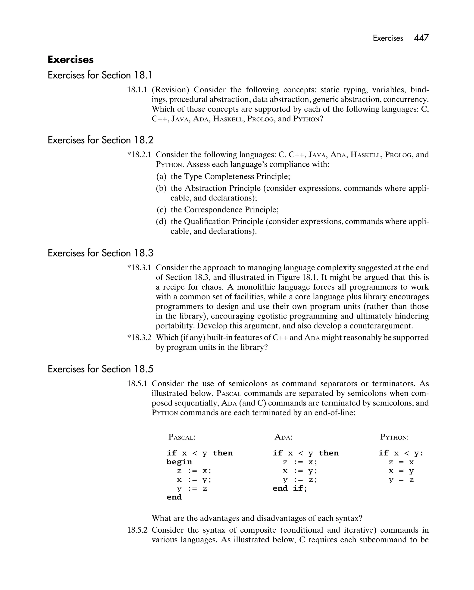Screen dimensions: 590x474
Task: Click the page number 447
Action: [421, 38]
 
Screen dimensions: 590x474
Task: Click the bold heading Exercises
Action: [71, 60]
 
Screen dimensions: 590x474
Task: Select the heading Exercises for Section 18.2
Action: [100, 140]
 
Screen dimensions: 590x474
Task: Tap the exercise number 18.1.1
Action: [137, 90]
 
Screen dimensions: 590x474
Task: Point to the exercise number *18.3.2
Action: [139, 337]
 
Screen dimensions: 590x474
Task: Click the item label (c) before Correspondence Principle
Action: [162, 210]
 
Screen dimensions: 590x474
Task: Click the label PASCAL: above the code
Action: [182, 437]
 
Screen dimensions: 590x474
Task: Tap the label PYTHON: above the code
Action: [394, 437]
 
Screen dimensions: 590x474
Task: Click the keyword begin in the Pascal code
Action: [179, 462]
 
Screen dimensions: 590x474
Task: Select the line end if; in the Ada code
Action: [290, 488]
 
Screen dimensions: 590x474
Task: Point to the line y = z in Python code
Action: [401, 480]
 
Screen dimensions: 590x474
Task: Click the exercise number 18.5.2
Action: [137, 530]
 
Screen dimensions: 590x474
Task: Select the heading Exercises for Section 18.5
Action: [100, 369]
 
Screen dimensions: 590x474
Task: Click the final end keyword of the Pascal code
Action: [174, 497]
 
